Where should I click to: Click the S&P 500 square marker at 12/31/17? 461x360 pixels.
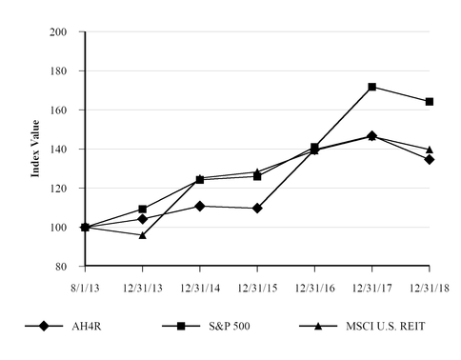pyautogui.click(x=371, y=87)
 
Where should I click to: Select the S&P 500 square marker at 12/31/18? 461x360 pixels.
pyautogui.click(x=430, y=102)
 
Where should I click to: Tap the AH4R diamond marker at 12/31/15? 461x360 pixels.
pyautogui.click(x=257, y=208)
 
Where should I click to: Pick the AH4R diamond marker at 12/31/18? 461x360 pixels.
pyautogui.click(x=430, y=159)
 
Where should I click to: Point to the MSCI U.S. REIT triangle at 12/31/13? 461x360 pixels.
pyautogui.click(x=142, y=234)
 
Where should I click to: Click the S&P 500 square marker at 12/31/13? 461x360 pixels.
pyautogui.click(x=142, y=209)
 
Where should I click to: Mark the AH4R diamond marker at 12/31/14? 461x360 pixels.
pyautogui.click(x=199, y=206)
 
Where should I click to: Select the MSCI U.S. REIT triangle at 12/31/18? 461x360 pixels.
pyautogui.click(x=430, y=150)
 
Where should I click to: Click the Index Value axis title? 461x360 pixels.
pyautogui.click(x=35, y=149)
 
